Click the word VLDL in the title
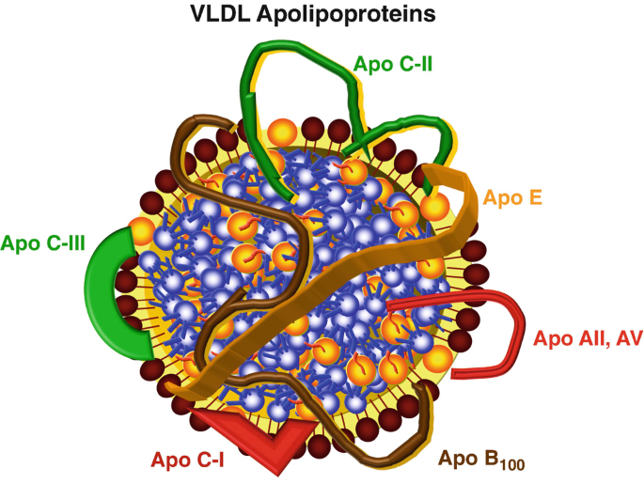(218, 14)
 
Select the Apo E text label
(512, 198)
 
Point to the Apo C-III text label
(43, 244)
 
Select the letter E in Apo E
(536, 198)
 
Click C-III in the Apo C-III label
(62, 244)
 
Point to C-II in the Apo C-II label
(415, 66)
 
